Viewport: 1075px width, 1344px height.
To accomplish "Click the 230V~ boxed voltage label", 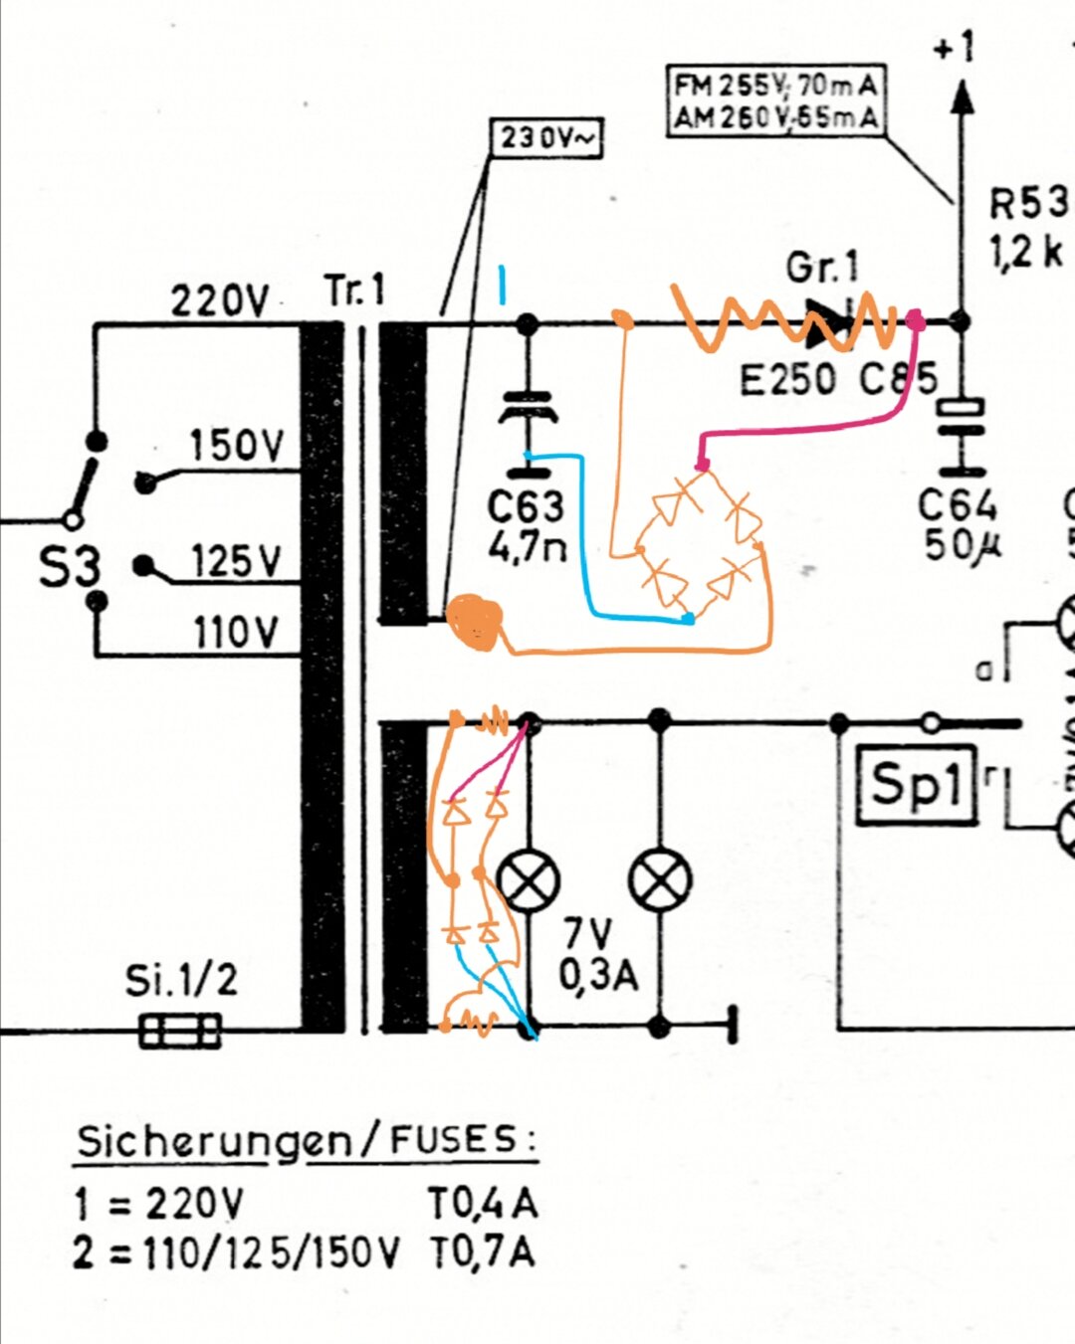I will pos(546,138).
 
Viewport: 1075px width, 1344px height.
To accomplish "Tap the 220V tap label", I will pos(219,299).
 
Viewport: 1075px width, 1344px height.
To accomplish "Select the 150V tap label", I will pos(237,445).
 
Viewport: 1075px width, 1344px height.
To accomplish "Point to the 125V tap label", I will pos(237,561).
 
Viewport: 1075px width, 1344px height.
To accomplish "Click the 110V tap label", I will pos(237,632).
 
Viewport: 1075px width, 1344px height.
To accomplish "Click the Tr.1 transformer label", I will pos(353,290).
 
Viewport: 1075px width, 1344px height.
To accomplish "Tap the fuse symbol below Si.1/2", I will pos(180,1031).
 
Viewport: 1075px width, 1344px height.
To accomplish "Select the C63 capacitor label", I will pos(525,507).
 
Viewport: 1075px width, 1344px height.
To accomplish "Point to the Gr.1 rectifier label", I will pos(821,268).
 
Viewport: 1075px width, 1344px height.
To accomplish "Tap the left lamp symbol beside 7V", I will pos(528,880).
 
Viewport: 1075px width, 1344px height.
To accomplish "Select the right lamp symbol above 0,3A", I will pos(660,880).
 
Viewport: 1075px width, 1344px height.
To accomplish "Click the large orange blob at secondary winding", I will pos(475,623).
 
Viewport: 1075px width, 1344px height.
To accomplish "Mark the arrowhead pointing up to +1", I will pos(961,97).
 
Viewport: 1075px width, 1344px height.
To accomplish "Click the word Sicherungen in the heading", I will pos(214,1141).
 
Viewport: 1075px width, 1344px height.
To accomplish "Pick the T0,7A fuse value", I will pos(483,1251).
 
